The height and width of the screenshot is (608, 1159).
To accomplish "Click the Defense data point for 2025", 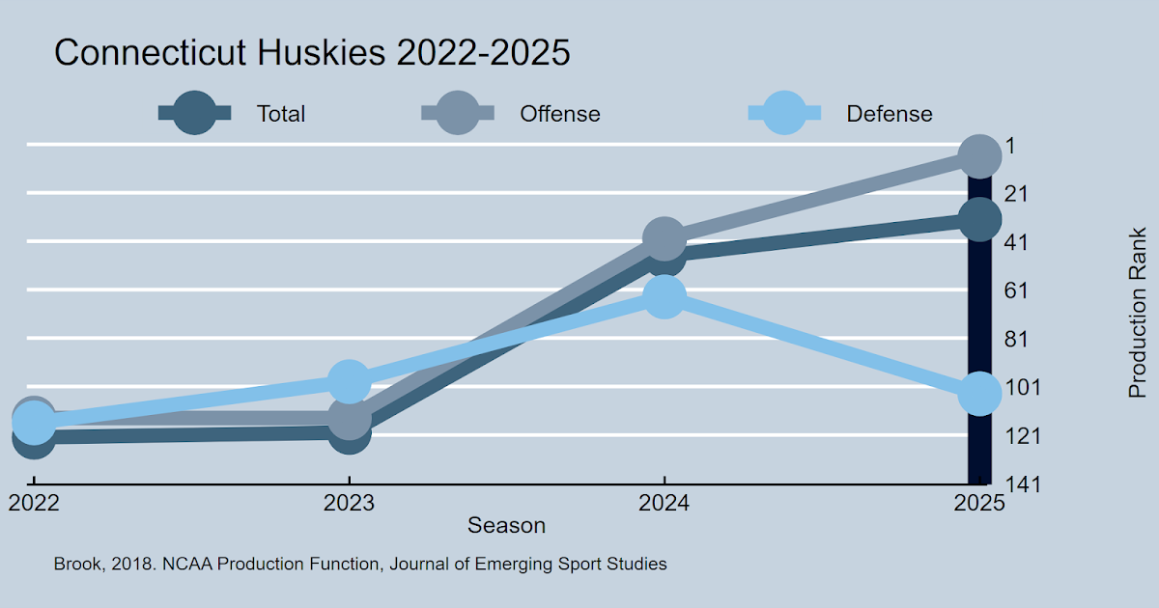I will (x=979, y=394).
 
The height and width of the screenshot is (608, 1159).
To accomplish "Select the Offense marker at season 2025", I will (x=979, y=156).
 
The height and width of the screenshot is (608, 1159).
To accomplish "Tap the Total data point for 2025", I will (x=979, y=220).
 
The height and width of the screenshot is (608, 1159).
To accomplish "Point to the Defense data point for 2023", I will (x=349, y=382).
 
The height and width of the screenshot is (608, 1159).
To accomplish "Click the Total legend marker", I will (x=194, y=114).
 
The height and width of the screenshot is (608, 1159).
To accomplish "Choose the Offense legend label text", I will (x=560, y=114).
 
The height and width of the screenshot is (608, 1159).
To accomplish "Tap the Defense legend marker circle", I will (x=785, y=114).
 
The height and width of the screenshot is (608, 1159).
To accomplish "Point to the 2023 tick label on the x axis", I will (x=349, y=503).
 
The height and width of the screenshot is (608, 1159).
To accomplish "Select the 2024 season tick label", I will (x=664, y=503).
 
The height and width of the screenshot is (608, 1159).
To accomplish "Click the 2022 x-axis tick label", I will (x=34, y=503).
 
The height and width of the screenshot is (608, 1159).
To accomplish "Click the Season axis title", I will (x=506, y=526).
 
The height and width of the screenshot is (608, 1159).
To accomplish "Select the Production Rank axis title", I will (x=1138, y=313).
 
